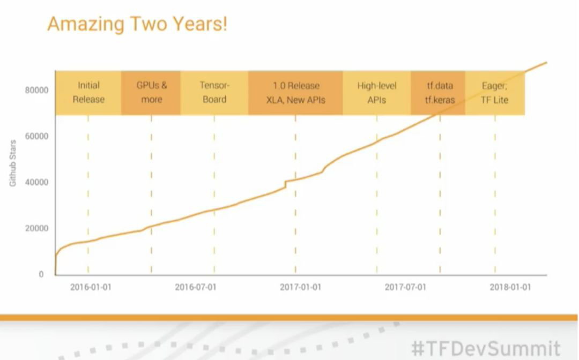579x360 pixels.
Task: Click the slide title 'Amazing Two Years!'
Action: click(x=137, y=24)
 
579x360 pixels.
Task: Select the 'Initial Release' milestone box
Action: click(x=88, y=92)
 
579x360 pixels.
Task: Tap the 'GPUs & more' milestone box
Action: click(x=151, y=92)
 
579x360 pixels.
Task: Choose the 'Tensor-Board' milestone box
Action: click(x=214, y=92)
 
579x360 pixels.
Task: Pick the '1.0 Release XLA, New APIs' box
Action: click(x=295, y=92)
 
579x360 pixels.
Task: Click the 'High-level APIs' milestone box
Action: click(x=377, y=92)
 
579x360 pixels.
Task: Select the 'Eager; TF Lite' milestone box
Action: click(x=494, y=92)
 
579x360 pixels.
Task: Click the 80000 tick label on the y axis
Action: click(x=36, y=90)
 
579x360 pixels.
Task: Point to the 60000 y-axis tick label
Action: click(x=36, y=136)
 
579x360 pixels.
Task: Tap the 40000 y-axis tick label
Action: click(x=36, y=182)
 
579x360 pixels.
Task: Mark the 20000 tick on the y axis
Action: click(x=36, y=228)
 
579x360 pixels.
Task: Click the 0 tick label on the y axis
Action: click(x=41, y=274)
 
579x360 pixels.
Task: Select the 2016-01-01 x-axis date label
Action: click(x=91, y=287)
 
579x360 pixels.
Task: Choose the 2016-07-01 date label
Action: click(x=196, y=287)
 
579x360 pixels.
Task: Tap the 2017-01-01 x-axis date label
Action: click(x=300, y=287)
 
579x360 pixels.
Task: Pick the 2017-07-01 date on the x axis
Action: click(x=405, y=287)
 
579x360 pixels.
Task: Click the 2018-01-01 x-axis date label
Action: click(x=510, y=287)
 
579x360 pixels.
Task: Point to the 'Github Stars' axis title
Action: click(x=13, y=163)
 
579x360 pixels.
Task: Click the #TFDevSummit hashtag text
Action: click(x=486, y=348)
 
